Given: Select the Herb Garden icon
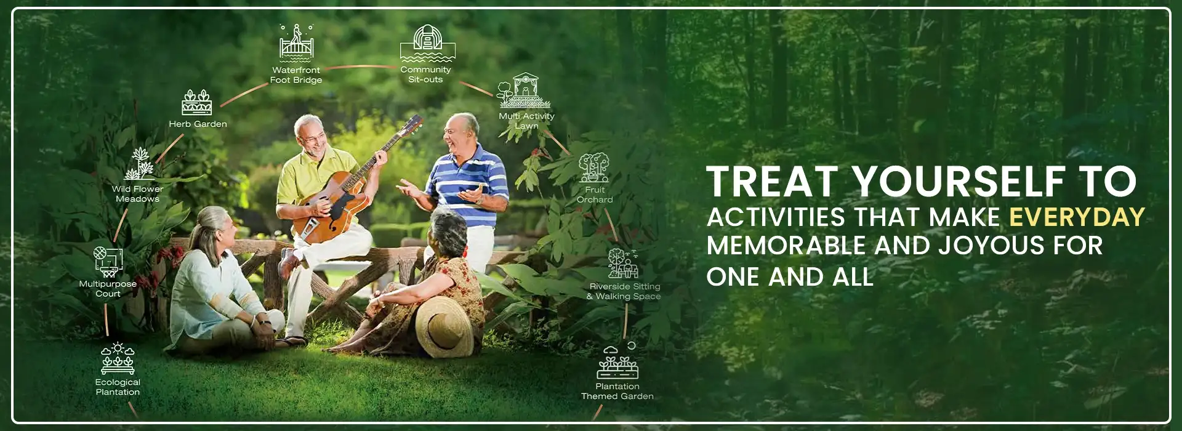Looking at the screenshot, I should click(197, 102).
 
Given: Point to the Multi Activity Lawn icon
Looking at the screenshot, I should click(525, 91).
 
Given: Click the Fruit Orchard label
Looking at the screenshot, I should click(595, 195).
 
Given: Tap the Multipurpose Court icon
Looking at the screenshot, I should click(108, 262).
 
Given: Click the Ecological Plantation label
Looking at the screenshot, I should click(118, 387).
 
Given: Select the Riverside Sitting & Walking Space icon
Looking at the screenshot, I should click(622, 264).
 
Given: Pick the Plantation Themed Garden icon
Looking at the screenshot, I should click(617, 363).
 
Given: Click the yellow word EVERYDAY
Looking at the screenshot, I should click(1077, 217).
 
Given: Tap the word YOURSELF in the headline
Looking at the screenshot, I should click(959, 182).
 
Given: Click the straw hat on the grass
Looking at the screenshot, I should click(443, 325).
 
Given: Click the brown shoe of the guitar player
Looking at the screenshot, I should click(287, 263).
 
